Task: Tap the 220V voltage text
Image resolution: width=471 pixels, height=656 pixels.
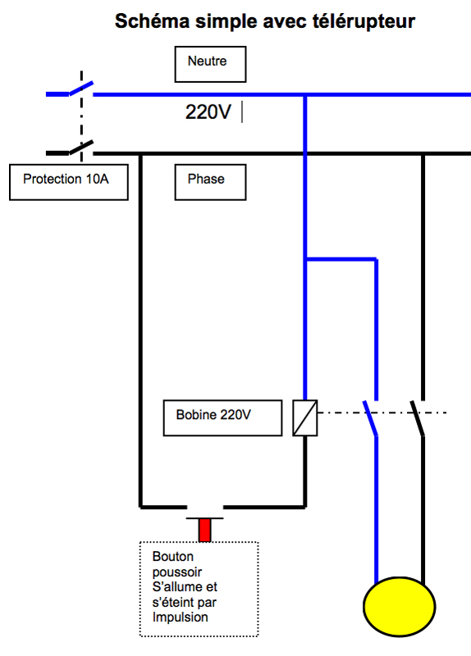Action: pyautogui.click(x=208, y=112)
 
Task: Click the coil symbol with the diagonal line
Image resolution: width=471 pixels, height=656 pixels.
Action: pyautogui.click(x=304, y=418)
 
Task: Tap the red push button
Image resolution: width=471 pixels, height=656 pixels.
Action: pyautogui.click(x=204, y=530)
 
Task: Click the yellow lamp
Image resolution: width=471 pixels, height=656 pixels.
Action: pyautogui.click(x=399, y=607)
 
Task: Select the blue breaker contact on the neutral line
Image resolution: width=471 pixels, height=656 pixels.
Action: pyautogui.click(x=81, y=89)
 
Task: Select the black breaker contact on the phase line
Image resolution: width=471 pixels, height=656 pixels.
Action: pyautogui.click(x=81, y=148)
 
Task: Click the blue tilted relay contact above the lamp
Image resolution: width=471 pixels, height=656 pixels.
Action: pyautogui.click(x=370, y=418)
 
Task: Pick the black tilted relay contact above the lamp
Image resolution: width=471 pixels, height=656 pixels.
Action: pyautogui.click(x=418, y=418)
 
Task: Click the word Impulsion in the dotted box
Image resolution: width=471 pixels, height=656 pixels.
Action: pyautogui.click(x=180, y=617)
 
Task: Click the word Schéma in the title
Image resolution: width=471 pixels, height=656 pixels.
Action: pyautogui.click(x=153, y=21)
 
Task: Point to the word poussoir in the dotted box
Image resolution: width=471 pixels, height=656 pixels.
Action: pyautogui.click(x=177, y=572)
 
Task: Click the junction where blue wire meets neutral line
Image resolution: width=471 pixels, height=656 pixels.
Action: pyautogui.click(x=305, y=95)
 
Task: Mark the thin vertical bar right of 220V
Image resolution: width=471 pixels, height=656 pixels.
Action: pyautogui.click(x=242, y=112)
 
